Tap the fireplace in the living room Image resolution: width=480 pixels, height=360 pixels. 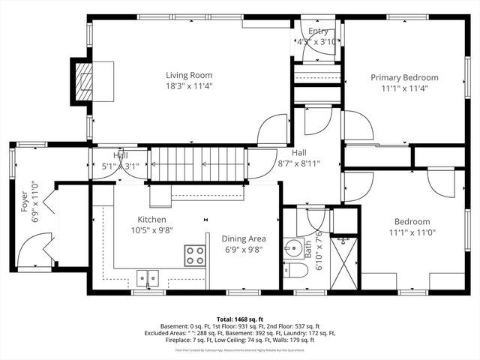click(x=83, y=74)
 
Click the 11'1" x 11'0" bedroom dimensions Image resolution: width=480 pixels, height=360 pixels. click(x=412, y=232)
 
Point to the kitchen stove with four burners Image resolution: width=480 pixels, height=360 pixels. click(x=195, y=255)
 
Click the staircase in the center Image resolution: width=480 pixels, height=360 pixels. click(x=199, y=163)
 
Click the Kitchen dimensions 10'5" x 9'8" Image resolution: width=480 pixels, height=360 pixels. click(x=151, y=231)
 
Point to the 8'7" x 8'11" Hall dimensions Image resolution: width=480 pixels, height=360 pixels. click(x=299, y=163)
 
